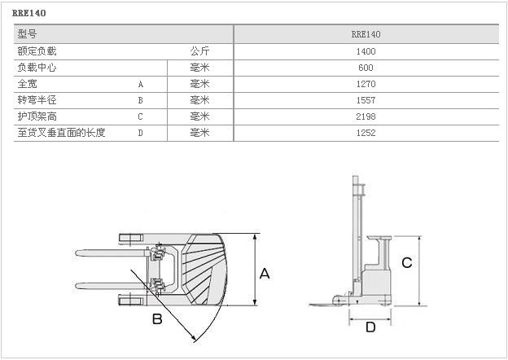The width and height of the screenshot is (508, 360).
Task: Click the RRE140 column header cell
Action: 366,34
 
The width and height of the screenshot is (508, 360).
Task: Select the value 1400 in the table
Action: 366,51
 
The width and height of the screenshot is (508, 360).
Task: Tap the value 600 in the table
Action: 366,68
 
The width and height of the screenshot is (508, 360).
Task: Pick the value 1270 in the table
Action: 366,84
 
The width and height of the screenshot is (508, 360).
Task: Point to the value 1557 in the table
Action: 366,100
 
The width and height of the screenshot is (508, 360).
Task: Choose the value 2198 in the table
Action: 366,116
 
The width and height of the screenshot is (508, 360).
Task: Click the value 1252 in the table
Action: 366,133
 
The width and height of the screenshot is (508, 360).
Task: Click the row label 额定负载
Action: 37,51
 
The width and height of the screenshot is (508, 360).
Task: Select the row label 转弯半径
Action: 37,100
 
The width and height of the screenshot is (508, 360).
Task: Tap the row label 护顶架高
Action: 37,116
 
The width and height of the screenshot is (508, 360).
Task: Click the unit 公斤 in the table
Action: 199,51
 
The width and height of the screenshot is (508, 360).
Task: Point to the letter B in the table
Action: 140,100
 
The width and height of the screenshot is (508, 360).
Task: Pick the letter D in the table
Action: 140,133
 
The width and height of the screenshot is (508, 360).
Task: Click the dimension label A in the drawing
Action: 264,274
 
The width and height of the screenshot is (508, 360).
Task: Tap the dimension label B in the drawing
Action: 157,318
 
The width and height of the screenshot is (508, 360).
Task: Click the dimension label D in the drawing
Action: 370,327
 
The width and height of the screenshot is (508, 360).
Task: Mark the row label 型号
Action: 27,34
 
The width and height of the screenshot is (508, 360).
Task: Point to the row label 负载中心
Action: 37,68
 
